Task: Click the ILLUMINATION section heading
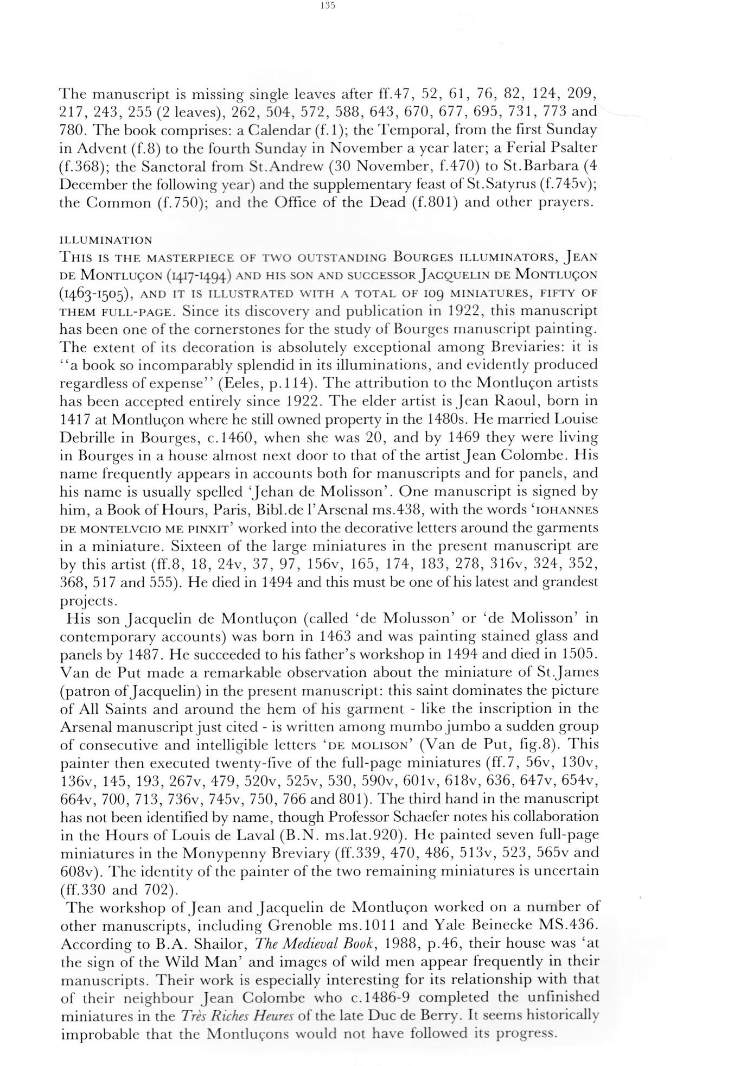[x=106, y=240]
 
